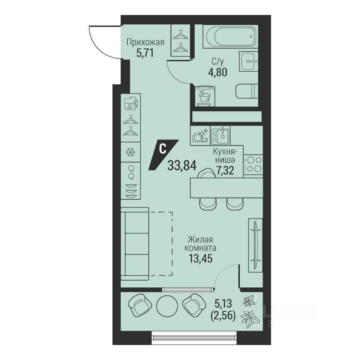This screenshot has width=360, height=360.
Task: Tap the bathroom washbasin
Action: tap(249, 61)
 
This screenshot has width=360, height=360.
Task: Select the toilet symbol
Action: tap(247, 91)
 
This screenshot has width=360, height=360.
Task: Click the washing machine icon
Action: tap(205, 96)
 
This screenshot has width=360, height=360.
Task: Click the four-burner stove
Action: tap(253, 164)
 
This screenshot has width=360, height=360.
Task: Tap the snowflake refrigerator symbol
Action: tap(130, 152)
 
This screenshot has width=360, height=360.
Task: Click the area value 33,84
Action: tap(182, 165)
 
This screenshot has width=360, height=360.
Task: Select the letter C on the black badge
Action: tap(162, 149)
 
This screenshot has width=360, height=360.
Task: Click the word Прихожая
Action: tap(145, 42)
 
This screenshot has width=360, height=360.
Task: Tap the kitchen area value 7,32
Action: tap(225, 170)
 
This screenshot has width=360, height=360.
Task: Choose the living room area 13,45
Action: tap(200, 259)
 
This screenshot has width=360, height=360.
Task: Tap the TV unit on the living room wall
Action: tap(255, 245)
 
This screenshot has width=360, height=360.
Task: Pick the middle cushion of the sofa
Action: tap(137, 244)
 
